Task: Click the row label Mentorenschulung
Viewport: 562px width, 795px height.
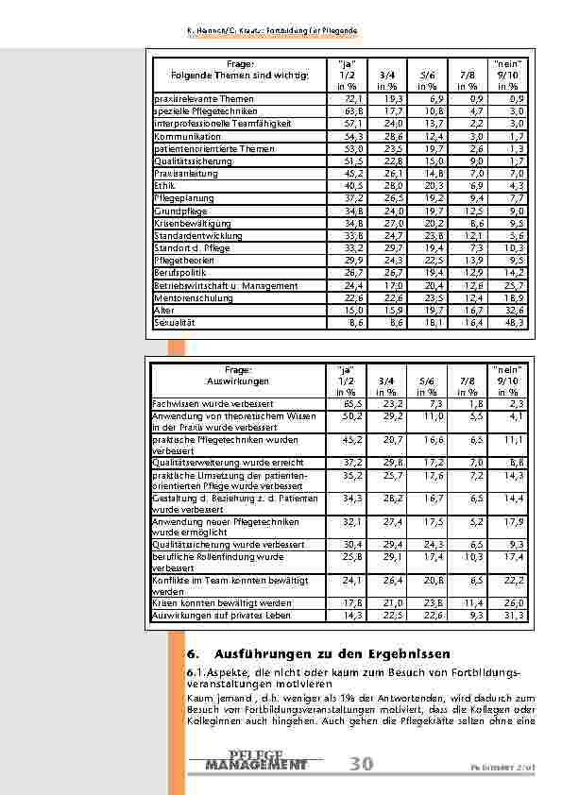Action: click(188, 297)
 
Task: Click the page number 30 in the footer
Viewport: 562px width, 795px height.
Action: click(361, 764)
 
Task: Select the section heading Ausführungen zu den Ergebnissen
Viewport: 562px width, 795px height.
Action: click(332, 653)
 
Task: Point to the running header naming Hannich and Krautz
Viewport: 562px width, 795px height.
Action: click(271, 33)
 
